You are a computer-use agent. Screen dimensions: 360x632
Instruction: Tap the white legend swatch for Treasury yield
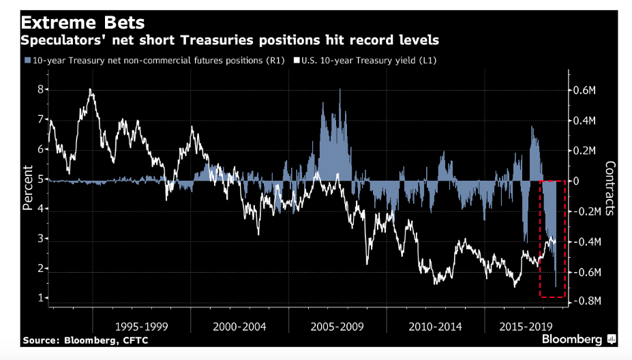point(297,61)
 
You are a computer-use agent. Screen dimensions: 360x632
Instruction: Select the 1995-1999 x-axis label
point(141,326)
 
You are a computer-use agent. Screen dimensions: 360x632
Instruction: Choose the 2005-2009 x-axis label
point(337,326)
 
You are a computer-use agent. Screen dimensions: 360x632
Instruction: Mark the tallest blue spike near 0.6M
point(340,90)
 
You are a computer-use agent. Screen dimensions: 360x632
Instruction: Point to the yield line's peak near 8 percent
point(91,90)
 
